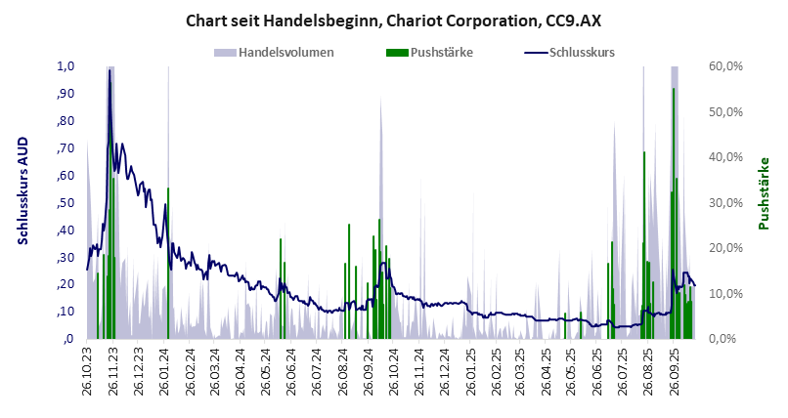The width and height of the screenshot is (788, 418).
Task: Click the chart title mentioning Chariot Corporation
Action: click(393, 20)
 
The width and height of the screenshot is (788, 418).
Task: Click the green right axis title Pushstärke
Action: click(764, 193)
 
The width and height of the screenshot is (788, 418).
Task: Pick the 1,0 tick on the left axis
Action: click(66, 66)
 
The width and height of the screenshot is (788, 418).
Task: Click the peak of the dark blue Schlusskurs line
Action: click(109, 70)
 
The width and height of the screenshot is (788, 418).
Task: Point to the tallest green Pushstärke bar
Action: click(674, 90)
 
